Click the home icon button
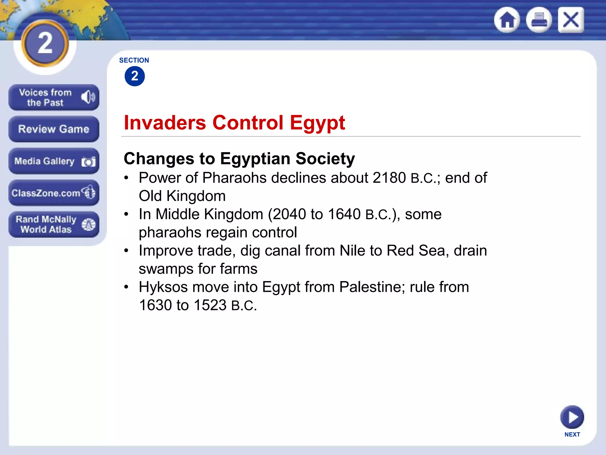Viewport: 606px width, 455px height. point(507,20)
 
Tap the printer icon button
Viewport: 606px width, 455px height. point(539,20)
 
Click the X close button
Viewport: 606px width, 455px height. point(571,20)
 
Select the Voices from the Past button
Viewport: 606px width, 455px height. point(54,97)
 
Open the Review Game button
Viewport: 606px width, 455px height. point(54,129)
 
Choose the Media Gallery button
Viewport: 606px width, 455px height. point(54,161)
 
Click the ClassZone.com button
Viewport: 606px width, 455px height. point(54,193)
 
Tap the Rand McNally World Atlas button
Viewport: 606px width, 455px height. point(54,224)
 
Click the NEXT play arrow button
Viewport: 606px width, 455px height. point(572,417)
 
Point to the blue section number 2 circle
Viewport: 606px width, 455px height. point(135,76)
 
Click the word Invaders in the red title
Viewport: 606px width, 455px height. point(165,123)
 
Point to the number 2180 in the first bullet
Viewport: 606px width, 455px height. point(389,178)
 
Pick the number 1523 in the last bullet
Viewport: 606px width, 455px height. point(210,305)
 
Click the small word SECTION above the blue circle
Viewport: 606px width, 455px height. point(134,60)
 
